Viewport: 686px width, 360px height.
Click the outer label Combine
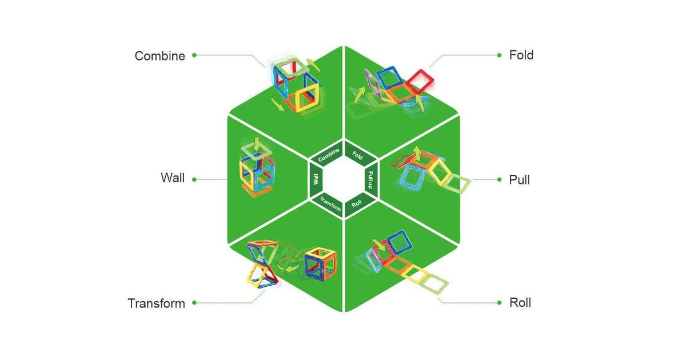[x=159, y=56]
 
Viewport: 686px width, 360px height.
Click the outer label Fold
[x=521, y=55]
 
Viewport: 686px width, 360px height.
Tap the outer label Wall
[x=173, y=178]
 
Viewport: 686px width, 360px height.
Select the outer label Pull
[x=519, y=180]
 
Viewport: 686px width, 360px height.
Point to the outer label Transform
[x=156, y=303]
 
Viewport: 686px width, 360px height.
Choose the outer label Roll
[x=520, y=302]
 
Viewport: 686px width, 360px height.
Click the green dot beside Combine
[x=194, y=55]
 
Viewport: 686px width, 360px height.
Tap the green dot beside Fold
[x=498, y=55]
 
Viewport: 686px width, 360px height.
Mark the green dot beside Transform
[x=194, y=303]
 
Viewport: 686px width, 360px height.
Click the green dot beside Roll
[x=498, y=302]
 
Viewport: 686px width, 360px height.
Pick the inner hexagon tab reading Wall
[x=315, y=180]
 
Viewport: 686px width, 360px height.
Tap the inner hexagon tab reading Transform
[x=330, y=203]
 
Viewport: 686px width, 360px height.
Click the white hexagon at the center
[x=343, y=179]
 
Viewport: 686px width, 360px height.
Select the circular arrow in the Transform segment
[x=289, y=263]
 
